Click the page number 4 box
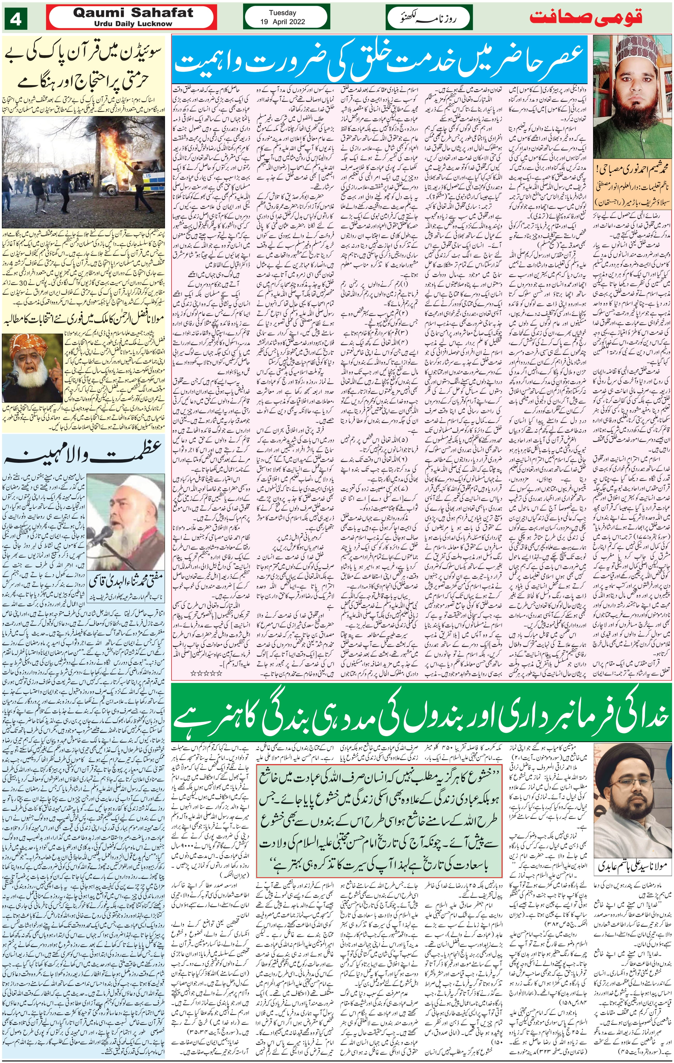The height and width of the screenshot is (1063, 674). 16,20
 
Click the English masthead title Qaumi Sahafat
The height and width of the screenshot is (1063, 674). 133,13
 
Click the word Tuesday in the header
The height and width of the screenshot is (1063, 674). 282,13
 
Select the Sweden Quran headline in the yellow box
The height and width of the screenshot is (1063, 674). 84,69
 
